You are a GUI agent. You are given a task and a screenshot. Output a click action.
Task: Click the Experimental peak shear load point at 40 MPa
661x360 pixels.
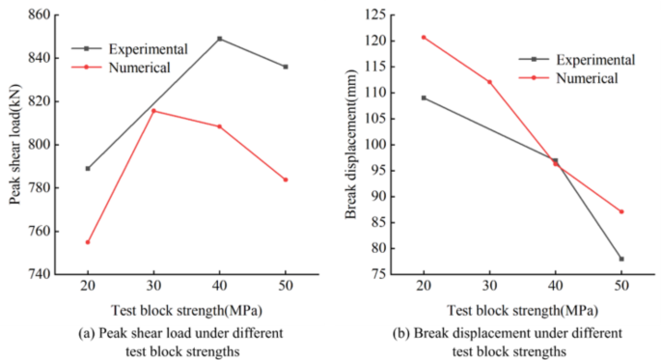[220, 39]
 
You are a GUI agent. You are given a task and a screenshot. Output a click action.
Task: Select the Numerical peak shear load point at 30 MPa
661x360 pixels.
[153, 111]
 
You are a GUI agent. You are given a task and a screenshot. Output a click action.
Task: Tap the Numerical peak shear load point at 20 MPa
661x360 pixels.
[88, 242]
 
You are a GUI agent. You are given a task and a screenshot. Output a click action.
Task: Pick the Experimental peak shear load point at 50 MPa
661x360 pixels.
[286, 67]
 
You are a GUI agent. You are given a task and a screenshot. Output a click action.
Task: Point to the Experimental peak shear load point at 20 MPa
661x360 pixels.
[88, 168]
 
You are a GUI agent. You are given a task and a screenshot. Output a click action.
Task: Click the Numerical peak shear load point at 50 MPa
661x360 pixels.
[286, 180]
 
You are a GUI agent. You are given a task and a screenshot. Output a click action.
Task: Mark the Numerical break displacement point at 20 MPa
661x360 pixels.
[424, 38]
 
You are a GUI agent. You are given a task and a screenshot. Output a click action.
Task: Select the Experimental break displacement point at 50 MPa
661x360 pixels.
[621, 259]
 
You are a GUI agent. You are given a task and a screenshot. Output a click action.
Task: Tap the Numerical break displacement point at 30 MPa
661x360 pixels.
[489, 82]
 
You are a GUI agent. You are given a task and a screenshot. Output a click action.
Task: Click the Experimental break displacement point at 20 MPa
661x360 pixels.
[424, 97]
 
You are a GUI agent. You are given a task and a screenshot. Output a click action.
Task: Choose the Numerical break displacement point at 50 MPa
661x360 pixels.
[621, 211]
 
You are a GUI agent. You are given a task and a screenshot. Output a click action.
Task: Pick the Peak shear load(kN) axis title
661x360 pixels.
[15, 144]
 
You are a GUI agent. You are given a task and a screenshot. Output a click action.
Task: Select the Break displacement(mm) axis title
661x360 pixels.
[351, 144]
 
